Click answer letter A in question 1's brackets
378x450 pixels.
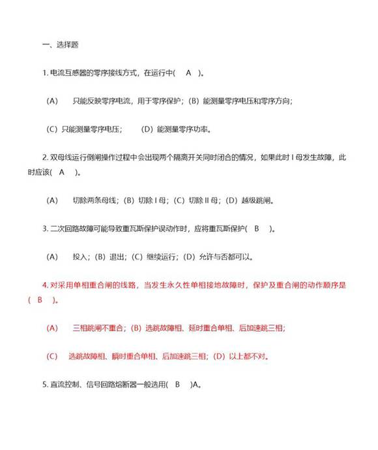click(188, 73)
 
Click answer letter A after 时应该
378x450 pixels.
click(62, 172)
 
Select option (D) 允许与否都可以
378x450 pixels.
click(221, 257)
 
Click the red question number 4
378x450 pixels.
click(44, 285)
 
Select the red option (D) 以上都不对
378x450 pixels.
click(240, 357)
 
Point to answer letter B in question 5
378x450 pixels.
click(178, 385)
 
